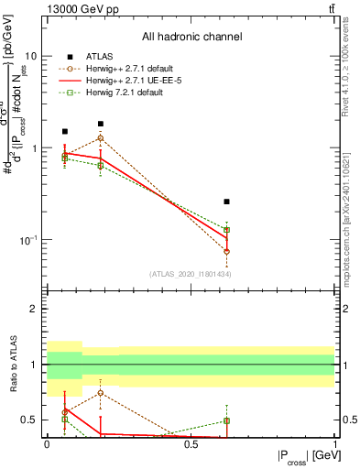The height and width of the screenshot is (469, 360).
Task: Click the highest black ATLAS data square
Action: tap(100, 124)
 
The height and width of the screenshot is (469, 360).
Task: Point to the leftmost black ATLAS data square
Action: tap(64, 131)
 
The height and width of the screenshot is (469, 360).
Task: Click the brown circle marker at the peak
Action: tap(100, 138)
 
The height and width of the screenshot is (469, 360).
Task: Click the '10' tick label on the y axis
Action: tap(33, 55)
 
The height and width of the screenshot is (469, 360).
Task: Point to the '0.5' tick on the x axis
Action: tap(191, 444)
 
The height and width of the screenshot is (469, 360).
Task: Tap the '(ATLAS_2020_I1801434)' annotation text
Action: tap(190, 274)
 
